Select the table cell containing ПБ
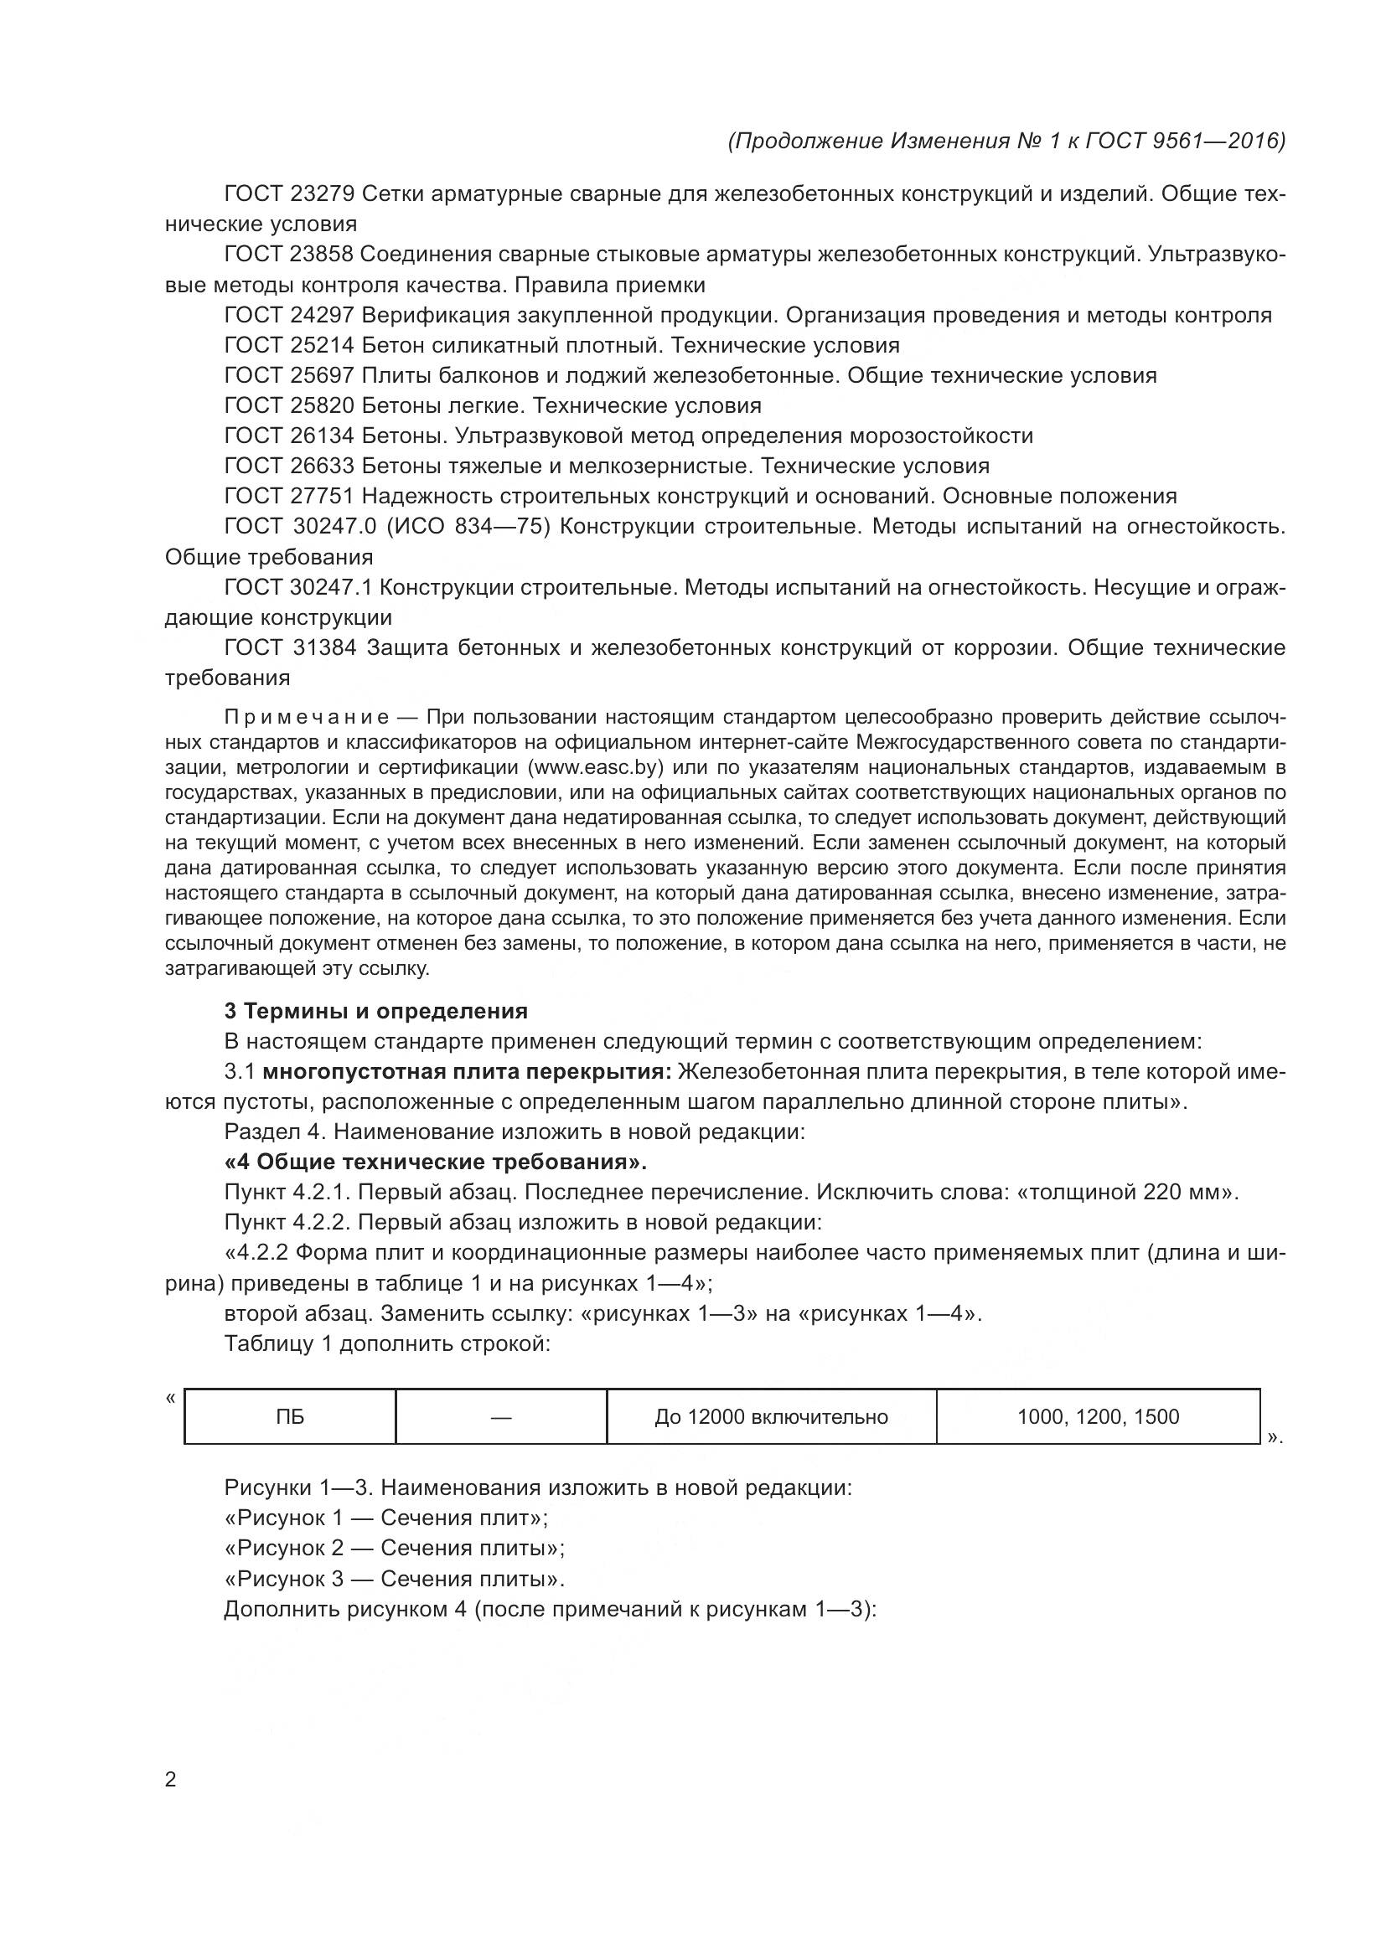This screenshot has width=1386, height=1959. [290, 1417]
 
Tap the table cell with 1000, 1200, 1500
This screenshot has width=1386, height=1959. [1098, 1417]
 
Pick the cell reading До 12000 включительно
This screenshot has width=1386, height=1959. [771, 1417]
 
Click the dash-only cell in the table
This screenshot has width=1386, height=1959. [501, 1417]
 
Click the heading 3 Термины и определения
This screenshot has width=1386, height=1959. [375, 1011]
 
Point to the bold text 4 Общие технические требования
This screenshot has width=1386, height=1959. [435, 1163]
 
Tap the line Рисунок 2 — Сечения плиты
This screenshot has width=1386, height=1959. [394, 1548]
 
